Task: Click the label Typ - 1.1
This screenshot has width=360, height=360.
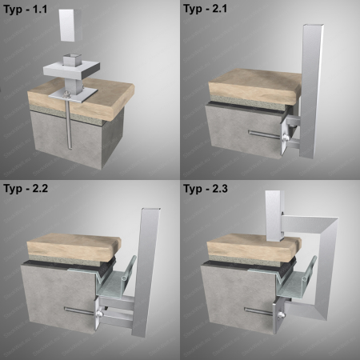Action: click(26, 10)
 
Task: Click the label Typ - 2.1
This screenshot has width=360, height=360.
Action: click(205, 9)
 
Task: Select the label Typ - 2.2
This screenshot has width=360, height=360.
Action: click(26, 189)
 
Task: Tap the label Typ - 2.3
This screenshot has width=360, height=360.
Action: click(206, 189)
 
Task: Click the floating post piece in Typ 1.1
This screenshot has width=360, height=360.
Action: click(70, 26)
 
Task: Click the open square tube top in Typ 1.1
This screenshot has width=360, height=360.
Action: click(72, 57)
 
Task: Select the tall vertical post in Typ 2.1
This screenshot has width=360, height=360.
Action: click(311, 90)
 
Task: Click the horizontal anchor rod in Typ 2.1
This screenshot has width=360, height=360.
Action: click(264, 134)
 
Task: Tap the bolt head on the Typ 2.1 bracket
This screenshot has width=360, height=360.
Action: click(286, 138)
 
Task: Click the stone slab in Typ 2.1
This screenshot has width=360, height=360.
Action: click(254, 86)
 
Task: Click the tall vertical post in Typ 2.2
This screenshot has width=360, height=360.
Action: click(146, 272)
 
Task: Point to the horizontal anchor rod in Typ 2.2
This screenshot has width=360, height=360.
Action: click(80, 311)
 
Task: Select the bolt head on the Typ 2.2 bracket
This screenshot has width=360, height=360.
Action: click(100, 314)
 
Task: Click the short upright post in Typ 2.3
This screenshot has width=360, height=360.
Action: click(274, 216)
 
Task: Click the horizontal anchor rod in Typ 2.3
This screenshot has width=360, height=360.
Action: click(260, 311)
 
